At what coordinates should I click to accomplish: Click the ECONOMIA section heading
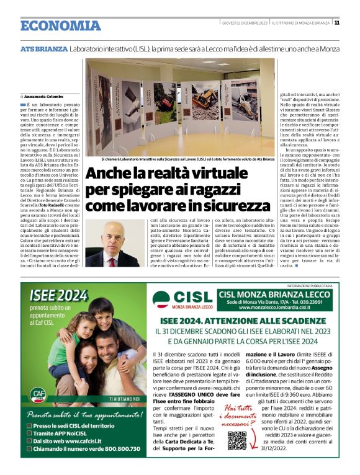(60, 26)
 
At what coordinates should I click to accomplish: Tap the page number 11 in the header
(336, 23)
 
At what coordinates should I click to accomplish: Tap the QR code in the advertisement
(236, 457)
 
